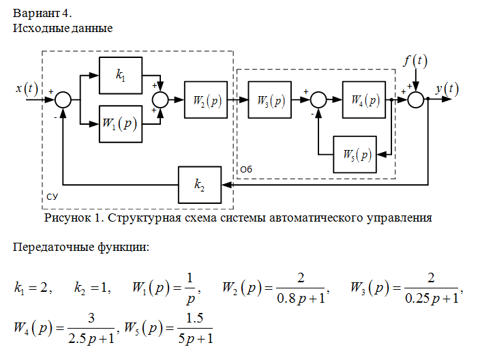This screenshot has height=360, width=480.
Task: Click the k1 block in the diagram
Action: pos(121,75)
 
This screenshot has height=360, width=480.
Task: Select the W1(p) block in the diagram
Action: pos(121,124)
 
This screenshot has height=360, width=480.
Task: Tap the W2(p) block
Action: pos(206,100)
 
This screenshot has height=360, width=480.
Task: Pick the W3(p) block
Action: pos(271,100)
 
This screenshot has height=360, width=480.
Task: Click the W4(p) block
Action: pos(363,100)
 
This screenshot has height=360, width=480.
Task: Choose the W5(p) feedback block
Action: pos(355,154)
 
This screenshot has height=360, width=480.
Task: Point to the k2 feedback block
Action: pos(200,185)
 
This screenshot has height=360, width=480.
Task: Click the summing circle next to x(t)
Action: pos(63,100)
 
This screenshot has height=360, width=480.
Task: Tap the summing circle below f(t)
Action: pos(416,100)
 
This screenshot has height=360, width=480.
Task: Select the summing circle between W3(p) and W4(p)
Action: pos(319,100)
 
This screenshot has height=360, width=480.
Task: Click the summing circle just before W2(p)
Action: pos(162,100)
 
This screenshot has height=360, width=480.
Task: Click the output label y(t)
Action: pos(447,89)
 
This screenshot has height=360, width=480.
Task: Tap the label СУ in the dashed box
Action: pos(52,196)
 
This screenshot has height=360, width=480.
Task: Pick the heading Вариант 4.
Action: pos(41,12)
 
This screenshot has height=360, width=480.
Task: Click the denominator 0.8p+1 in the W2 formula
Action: pos(300,297)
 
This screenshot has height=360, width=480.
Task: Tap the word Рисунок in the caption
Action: pos(66,218)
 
